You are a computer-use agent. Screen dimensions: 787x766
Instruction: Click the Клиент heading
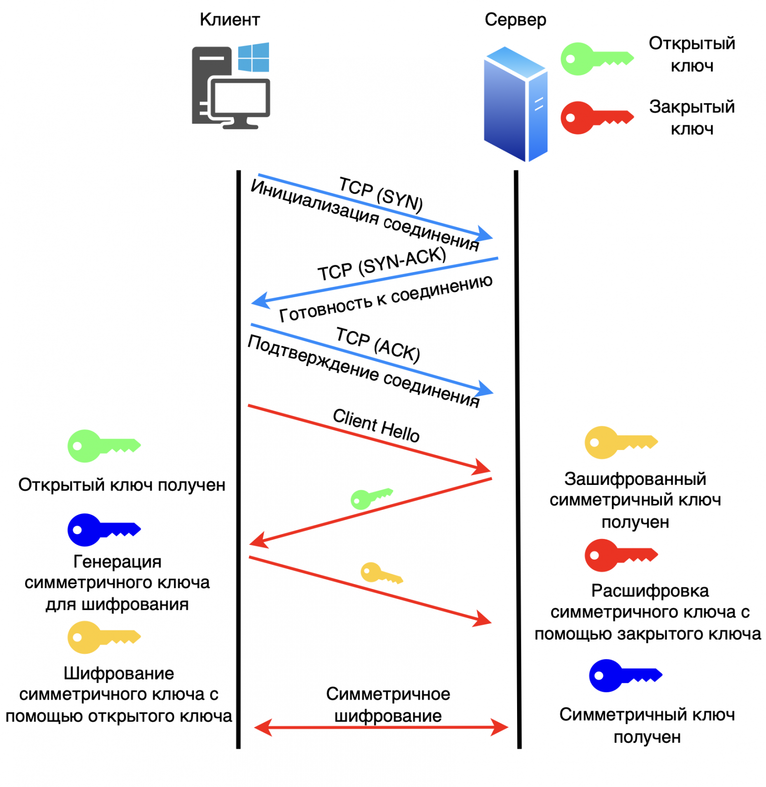coord(229,20)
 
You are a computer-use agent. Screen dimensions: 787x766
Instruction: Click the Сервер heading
coord(515,20)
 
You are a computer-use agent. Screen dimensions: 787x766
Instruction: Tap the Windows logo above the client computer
coord(253,57)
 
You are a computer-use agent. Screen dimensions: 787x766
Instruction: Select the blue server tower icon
coord(515,104)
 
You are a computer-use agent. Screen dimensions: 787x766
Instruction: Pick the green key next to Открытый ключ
coord(596,59)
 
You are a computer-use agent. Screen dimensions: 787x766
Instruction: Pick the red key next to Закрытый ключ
coord(596,118)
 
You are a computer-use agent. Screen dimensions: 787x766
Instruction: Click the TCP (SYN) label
coord(381,195)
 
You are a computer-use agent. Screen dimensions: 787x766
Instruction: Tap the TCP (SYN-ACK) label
coord(382,264)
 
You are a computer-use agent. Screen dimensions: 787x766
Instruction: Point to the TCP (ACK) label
coord(378,344)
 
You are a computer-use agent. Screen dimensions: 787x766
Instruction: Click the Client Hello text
coord(376,425)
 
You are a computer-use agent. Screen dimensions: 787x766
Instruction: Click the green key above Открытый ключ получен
coord(103,446)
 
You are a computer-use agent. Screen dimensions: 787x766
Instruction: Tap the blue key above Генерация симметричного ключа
coord(103,530)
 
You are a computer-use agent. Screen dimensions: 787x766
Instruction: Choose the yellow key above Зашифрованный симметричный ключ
coord(620,442)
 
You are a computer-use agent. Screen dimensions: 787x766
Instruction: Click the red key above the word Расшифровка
coord(620,555)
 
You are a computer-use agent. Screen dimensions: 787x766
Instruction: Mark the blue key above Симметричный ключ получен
coord(625,675)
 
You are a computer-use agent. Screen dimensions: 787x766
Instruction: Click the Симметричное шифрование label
coord(388,704)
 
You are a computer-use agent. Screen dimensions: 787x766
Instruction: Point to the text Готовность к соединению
coord(386,298)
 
